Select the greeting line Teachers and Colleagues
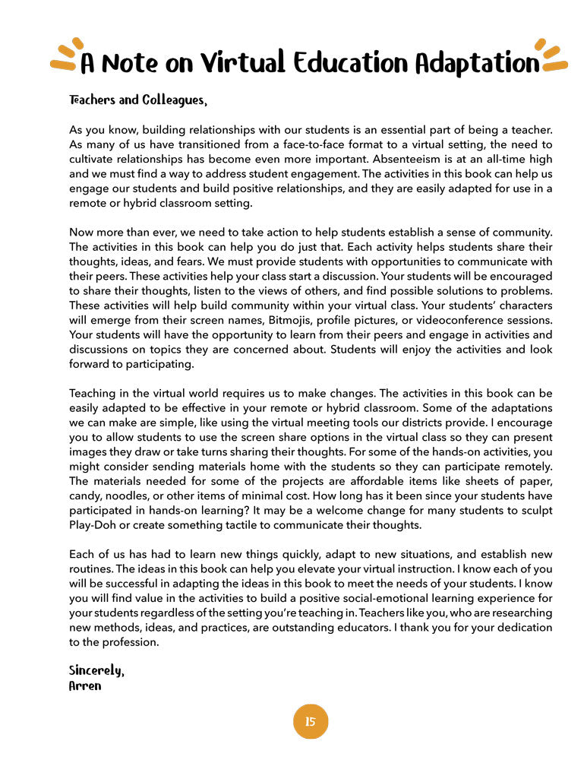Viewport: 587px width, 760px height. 137,100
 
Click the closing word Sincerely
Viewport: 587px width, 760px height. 96,670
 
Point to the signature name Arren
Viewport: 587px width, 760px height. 85,686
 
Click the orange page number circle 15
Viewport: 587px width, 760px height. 310,721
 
